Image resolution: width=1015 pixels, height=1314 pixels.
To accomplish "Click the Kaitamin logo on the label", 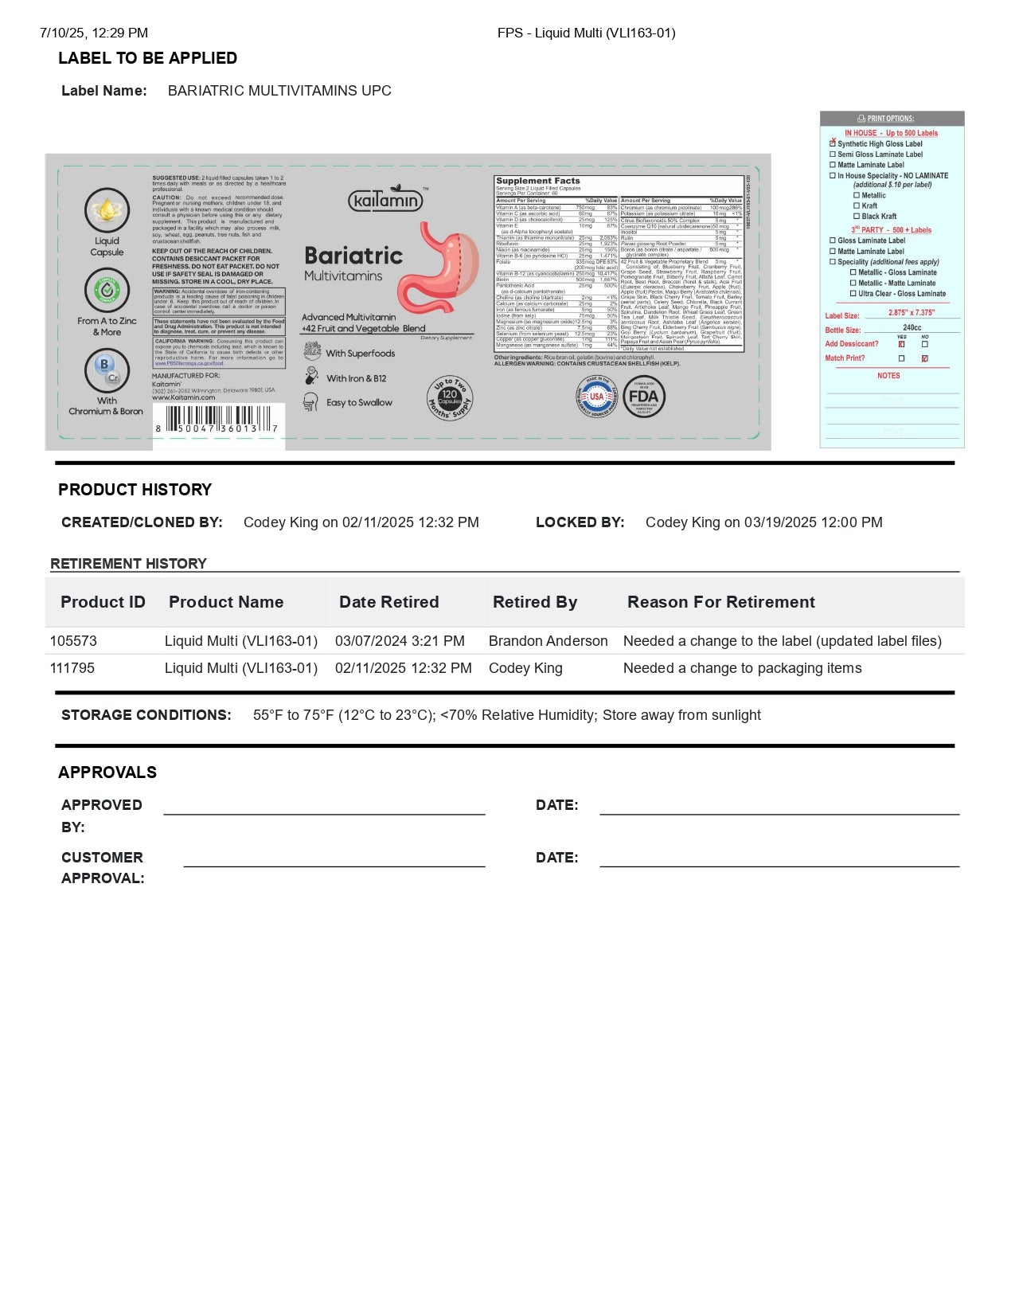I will coord(385,199).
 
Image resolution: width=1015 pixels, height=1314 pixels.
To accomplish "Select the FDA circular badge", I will coord(642,397).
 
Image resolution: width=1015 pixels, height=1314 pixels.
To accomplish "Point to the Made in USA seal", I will coord(596,397).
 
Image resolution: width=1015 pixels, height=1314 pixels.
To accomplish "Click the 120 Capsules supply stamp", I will coord(451,398).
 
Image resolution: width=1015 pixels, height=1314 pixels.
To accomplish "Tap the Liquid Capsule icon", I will coord(107,210).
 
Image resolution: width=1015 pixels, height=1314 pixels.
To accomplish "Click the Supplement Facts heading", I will coord(538,181).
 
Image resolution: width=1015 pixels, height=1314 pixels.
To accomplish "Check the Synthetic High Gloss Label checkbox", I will coord(833,143).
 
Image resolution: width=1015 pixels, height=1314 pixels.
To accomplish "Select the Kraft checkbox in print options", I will coord(857,205).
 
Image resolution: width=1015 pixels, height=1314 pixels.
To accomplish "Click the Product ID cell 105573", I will coord(73,641).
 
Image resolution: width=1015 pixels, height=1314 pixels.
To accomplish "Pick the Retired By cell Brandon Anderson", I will coord(548,641).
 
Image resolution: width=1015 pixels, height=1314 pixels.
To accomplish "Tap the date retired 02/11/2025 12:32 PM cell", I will coord(403,668).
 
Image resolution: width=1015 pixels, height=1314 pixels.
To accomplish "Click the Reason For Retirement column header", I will coord(720,602).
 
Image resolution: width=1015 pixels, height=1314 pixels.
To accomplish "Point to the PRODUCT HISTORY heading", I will coord(135,490).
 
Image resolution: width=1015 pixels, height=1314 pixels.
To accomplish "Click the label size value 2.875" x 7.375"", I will coord(912,313).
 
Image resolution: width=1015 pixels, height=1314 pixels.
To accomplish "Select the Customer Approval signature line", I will coord(334,865).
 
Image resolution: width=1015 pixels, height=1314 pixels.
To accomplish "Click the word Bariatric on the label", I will coord(353,256).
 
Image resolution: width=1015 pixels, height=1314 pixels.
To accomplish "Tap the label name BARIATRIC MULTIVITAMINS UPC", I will coord(279,91).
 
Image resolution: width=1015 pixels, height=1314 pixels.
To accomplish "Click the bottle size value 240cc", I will coord(912,327).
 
